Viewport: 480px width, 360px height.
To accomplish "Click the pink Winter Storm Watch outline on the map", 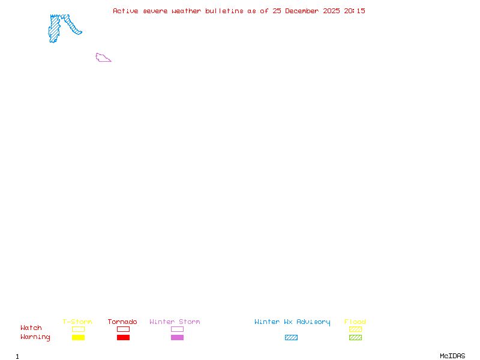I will (x=102, y=58).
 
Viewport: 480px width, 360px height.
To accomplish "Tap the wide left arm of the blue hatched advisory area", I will (x=55, y=29).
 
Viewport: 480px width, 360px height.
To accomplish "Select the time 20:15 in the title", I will (x=355, y=11).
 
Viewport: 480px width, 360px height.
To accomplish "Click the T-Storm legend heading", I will (x=77, y=322).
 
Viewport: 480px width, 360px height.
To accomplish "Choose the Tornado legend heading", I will (x=122, y=322).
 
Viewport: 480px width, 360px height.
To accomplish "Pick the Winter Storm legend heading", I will (x=175, y=322).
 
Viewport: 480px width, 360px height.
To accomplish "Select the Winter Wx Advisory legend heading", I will (x=292, y=322).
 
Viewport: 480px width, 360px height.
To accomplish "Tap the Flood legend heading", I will (x=355, y=322).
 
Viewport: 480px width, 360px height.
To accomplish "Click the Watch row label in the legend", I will (x=31, y=328).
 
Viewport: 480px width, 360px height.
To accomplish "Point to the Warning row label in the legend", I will (x=35, y=337).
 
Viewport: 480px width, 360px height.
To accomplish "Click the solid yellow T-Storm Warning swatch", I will (x=78, y=338).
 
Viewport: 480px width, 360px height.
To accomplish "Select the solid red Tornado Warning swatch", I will (x=123, y=338).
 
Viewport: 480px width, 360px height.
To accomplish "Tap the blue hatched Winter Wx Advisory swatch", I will (x=291, y=338).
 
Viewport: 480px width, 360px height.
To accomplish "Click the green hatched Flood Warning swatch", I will (x=355, y=338).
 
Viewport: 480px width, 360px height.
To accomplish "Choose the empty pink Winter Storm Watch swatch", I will (x=177, y=329).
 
